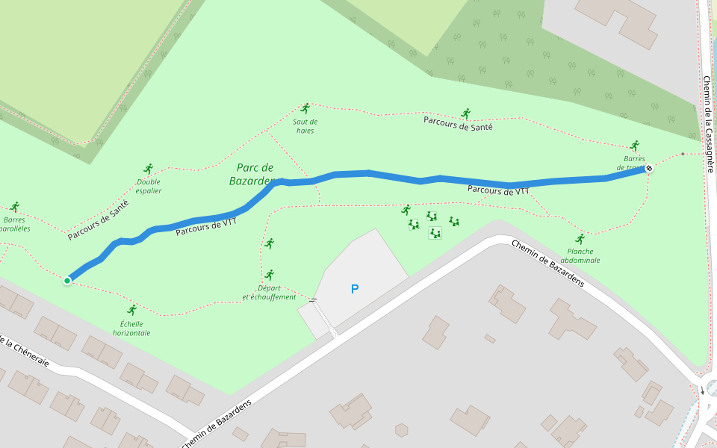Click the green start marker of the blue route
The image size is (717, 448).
(x=67, y=280)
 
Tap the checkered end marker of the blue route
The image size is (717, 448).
(x=649, y=168)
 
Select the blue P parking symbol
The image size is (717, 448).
(x=355, y=289)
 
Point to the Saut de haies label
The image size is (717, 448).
(x=305, y=125)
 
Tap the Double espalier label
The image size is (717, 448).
(x=149, y=186)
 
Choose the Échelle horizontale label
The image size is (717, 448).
(x=131, y=329)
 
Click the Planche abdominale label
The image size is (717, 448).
(x=580, y=256)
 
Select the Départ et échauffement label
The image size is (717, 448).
(x=269, y=292)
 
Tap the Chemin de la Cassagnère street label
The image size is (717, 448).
(x=708, y=123)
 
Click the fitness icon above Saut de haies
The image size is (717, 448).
(x=305, y=108)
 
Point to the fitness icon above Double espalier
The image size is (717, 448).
(x=149, y=169)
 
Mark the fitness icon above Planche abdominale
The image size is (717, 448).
(x=580, y=239)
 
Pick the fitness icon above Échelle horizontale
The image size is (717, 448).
(x=132, y=310)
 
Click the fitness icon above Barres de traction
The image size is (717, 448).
(x=635, y=146)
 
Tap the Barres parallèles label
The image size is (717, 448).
(x=15, y=224)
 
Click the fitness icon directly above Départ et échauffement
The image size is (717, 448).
(x=270, y=275)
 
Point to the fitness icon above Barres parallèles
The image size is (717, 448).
(x=15, y=207)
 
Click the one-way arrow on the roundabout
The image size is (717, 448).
(x=702, y=391)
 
